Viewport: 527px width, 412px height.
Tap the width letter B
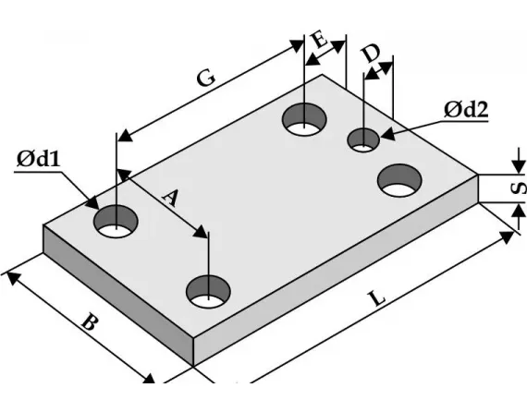[88, 324]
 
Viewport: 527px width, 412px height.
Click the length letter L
[374, 299]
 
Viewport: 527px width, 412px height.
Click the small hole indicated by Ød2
[363, 140]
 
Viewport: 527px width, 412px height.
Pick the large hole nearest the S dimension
[399, 179]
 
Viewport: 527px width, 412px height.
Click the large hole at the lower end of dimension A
[210, 291]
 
